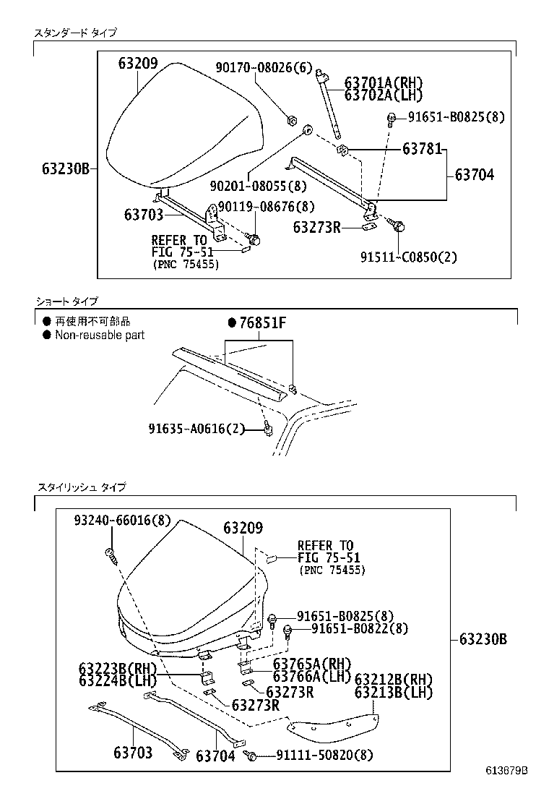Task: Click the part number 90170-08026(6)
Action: click(264, 68)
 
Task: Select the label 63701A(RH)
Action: click(383, 82)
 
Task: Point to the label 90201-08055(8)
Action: click(256, 187)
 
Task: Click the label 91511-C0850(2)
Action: click(409, 256)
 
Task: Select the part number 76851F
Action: click(258, 323)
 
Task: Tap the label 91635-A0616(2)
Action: click(196, 429)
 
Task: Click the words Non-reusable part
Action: click(100, 335)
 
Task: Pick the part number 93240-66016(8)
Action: click(122, 521)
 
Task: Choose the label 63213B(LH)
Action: click(393, 693)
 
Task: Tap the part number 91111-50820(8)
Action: click(325, 755)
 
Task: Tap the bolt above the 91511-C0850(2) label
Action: click(399, 226)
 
